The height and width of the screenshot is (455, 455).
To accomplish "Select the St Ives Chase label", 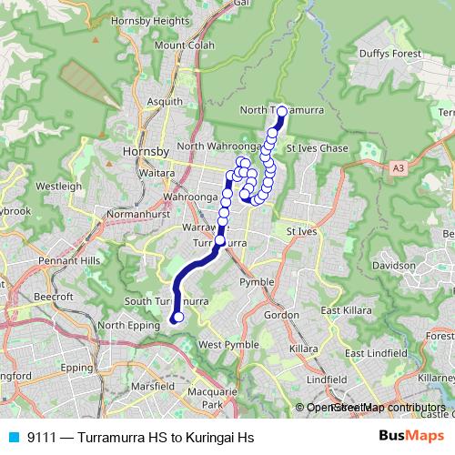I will [317, 148].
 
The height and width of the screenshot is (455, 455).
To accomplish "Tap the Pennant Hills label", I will [69, 260].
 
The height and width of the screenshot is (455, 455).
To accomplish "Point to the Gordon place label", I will [281, 314].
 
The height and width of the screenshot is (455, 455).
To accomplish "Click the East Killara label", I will [342, 310].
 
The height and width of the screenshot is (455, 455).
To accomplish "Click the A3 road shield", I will [399, 168].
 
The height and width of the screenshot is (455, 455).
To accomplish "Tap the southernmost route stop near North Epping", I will [178, 318].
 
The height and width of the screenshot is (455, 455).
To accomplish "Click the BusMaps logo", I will [410, 438].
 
